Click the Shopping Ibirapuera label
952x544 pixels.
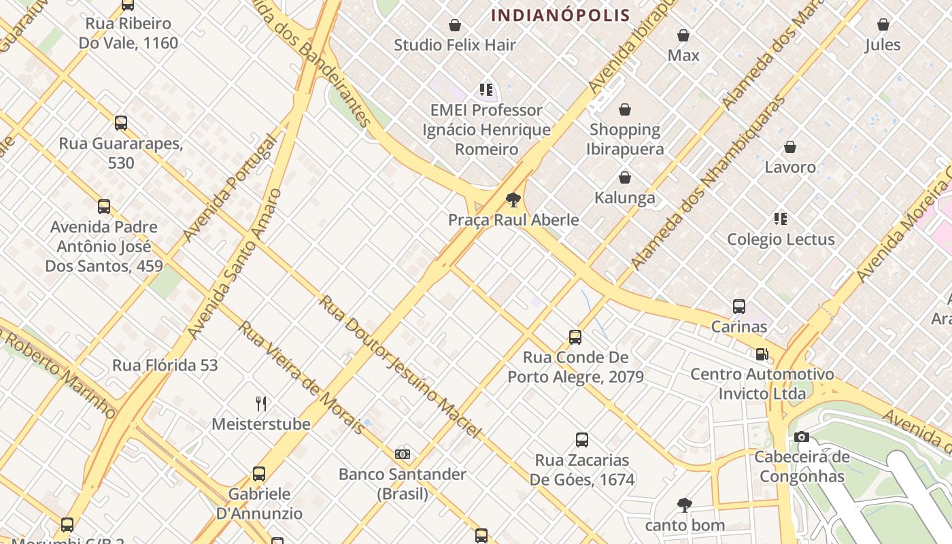point(624,139)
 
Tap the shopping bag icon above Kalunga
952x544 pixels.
point(625,178)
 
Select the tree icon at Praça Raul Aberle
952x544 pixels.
point(513,200)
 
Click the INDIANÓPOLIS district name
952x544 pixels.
point(561,15)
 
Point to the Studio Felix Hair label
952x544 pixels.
point(455,46)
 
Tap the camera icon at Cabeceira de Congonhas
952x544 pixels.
point(802,437)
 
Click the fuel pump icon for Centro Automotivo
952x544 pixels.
point(762,354)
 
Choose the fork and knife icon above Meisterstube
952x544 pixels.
point(261,404)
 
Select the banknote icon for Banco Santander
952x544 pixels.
point(403,454)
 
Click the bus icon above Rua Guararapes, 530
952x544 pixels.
point(121,123)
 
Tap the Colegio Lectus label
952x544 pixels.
point(781,239)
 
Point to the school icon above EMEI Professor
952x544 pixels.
point(486,90)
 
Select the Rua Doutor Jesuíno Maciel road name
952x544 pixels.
point(401,367)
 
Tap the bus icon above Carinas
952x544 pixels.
point(739,307)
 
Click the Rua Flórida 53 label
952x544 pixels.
point(165,365)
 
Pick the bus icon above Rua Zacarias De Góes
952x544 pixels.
point(582,440)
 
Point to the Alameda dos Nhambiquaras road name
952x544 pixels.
point(707,182)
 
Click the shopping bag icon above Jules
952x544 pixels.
point(883,25)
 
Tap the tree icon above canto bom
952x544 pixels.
point(685,505)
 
